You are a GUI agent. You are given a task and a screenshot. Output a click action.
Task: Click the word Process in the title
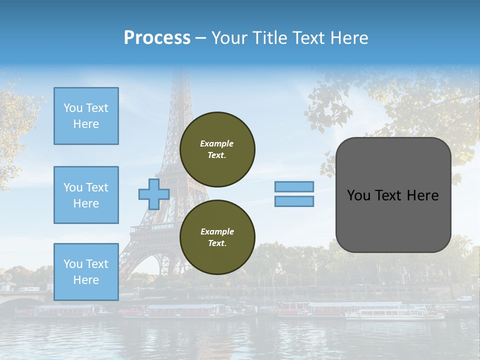tap(157, 38)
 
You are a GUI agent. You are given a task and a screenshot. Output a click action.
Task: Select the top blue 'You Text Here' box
tap(86, 116)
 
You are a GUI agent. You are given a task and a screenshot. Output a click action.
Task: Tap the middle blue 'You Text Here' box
tap(86, 195)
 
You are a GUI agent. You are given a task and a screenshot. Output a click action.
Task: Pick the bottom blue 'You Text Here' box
tap(86, 271)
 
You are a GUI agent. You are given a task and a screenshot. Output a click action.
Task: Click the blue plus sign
tap(154, 194)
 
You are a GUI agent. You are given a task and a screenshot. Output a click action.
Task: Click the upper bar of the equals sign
tap(294, 186)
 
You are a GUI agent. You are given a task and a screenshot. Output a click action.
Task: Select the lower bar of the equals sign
tap(294, 201)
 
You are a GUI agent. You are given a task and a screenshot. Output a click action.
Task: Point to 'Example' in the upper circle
tap(216, 143)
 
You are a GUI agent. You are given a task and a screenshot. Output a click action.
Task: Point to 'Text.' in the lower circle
tap(217, 243)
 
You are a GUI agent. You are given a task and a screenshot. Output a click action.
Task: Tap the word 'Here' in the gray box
tap(423, 195)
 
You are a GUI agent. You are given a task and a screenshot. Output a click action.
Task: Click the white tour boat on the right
tap(395, 314)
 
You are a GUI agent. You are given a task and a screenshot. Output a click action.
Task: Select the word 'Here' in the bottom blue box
tap(86, 280)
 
